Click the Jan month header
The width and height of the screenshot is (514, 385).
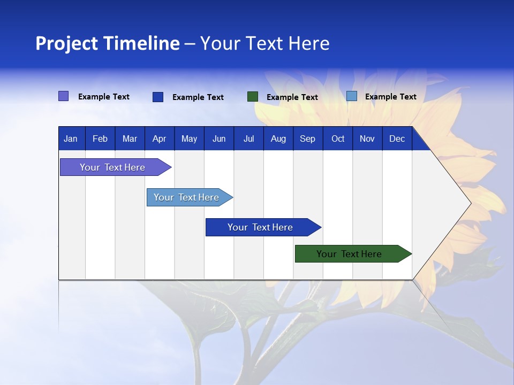(71, 139)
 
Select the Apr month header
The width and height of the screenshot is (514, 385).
(159, 139)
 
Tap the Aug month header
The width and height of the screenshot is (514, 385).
(278, 139)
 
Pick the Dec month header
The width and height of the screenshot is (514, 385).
(397, 139)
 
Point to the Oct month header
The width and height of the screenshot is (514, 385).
(337, 139)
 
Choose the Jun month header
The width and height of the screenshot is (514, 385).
(218, 139)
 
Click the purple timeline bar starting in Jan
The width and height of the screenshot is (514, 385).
(112, 167)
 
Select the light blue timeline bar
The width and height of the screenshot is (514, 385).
(186, 197)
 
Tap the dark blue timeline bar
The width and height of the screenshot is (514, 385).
(260, 227)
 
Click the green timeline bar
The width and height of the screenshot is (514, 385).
(349, 254)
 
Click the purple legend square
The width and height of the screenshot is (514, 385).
(64, 96)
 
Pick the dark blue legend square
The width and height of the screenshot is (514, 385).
(158, 97)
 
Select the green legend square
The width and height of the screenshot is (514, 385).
(253, 97)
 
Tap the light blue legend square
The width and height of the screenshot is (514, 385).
(352, 96)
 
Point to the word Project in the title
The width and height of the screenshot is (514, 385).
(67, 43)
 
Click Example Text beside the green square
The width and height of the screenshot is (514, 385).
(292, 97)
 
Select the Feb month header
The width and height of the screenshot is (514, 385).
(100, 139)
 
